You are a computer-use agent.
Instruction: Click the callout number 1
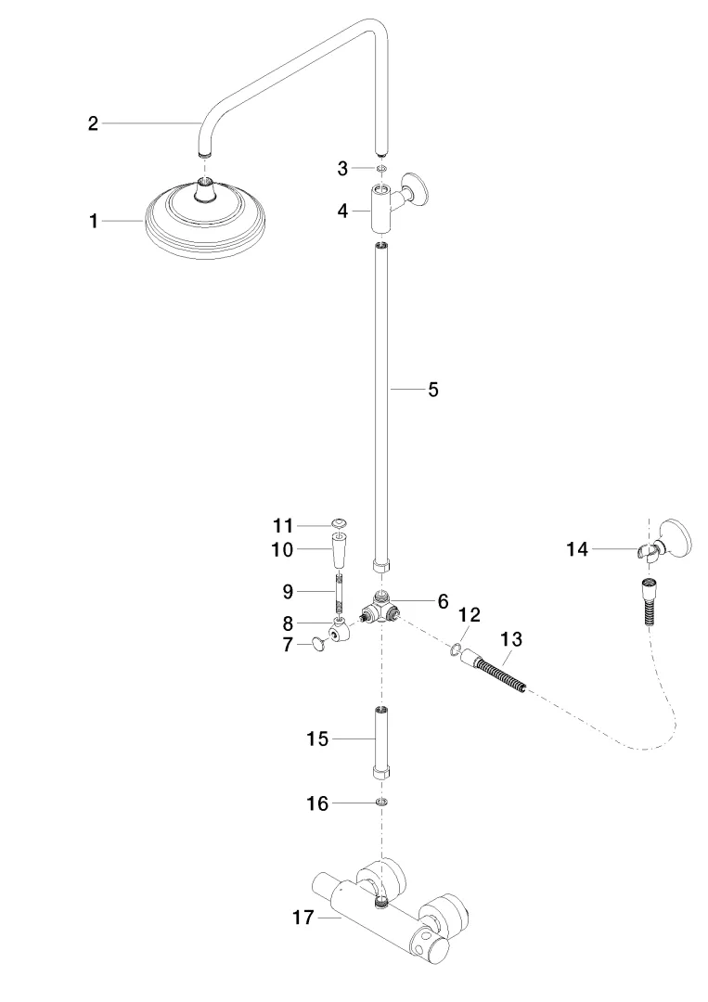93,221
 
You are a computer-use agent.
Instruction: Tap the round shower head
205,217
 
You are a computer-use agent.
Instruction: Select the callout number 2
93,123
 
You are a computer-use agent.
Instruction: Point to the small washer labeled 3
381,168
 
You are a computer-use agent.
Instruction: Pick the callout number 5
432,390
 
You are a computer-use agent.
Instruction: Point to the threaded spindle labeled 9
341,592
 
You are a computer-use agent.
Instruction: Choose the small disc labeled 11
341,524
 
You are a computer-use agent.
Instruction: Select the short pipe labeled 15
381,739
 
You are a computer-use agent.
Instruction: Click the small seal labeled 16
381,802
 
